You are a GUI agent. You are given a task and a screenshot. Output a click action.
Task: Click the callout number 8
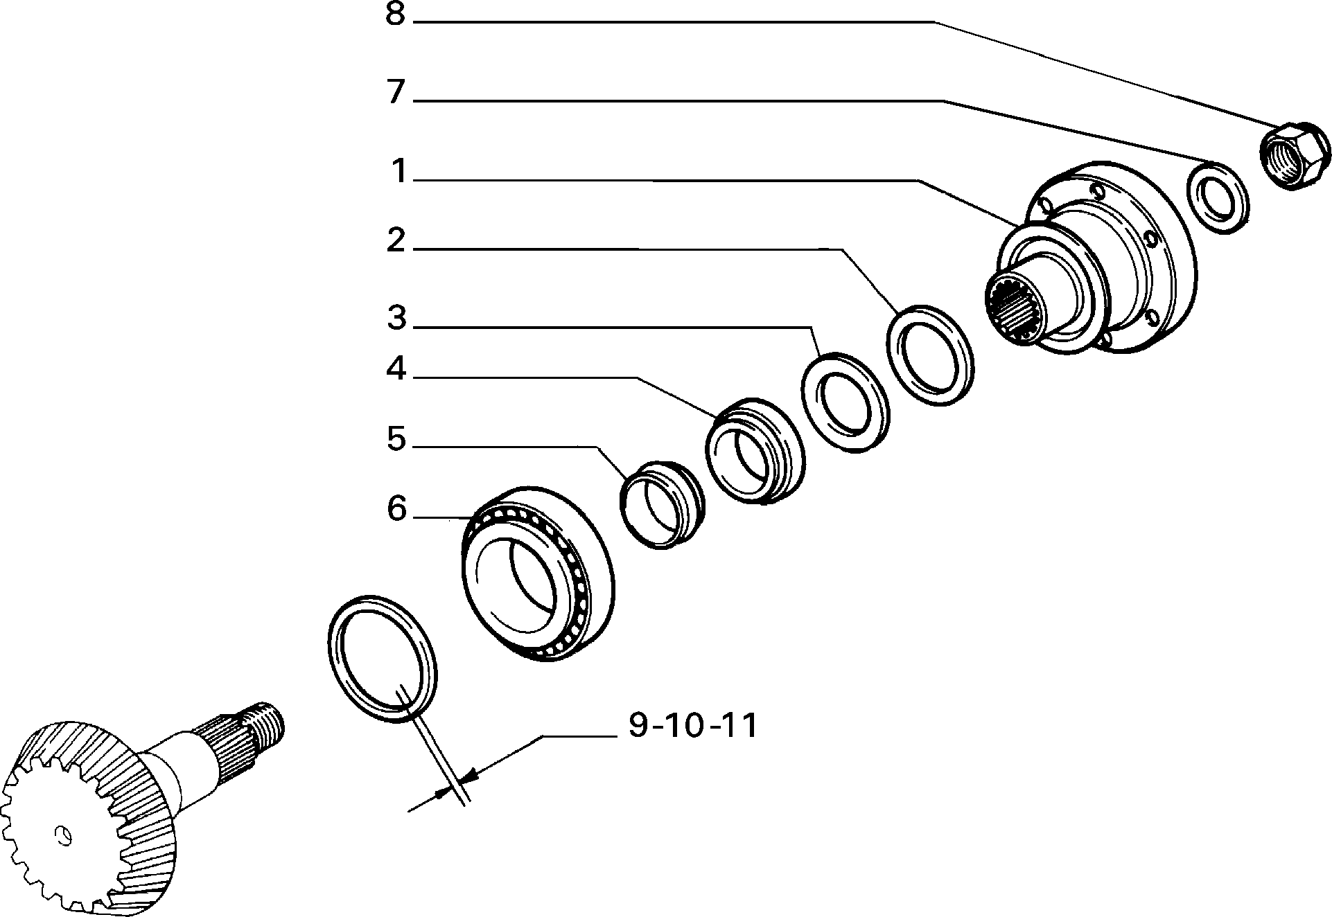pos(395,15)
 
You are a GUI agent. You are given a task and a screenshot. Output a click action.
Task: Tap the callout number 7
pos(395,93)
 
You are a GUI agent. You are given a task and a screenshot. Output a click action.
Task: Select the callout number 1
pos(398,171)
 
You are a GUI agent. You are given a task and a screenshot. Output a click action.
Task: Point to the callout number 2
pos(396,240)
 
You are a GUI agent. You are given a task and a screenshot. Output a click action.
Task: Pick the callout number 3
pos(396,319)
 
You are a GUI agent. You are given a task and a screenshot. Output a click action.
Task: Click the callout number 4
pos(396,369)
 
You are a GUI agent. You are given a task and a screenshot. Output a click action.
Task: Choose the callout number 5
pos(396,438)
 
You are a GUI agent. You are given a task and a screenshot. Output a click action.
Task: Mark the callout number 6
pos(396,509)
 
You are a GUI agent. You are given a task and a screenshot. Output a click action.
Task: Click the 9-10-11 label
pos(692,726)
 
